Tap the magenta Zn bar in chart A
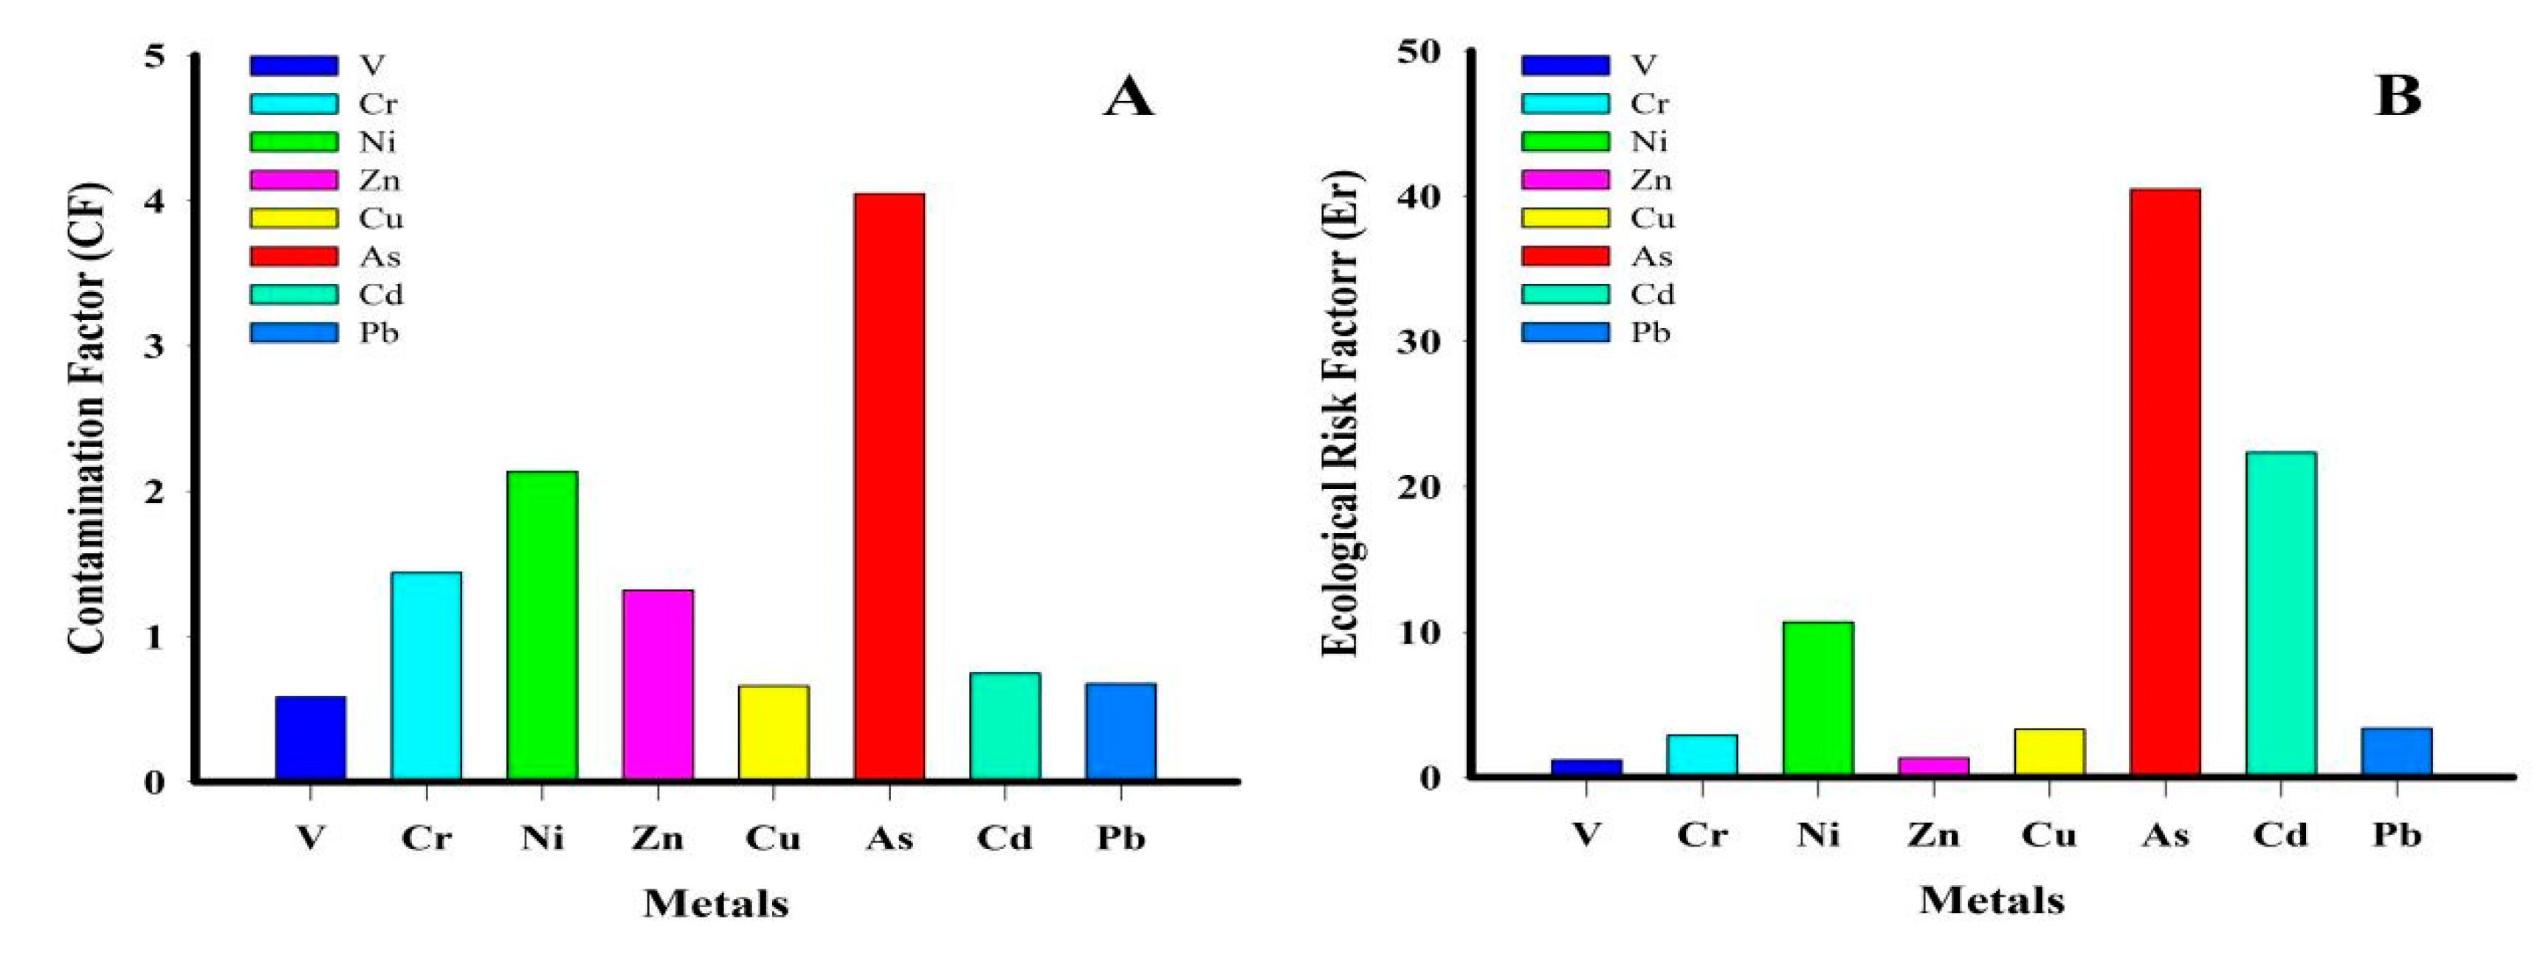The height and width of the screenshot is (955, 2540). (x=658, y=685)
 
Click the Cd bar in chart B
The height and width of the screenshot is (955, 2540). (x=2281, y=613)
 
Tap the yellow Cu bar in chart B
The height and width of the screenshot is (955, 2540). (x=2049, y=752)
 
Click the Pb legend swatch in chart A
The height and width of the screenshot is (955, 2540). (x=293, y=333)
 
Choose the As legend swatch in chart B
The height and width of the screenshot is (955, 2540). (x=1565, y=256)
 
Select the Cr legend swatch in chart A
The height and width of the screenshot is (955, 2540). (x=293, y=103)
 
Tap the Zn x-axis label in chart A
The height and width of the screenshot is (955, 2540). (x=658, y=838)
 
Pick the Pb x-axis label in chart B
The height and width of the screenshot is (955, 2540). (x=2397, y=835)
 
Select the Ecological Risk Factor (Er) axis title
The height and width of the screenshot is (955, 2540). (x=1341, y=414)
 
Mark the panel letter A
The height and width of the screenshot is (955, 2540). (x=1128, y=97)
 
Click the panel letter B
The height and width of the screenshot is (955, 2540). (x=2398, y=97)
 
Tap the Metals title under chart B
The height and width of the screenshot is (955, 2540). (x=1991, y=900)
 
